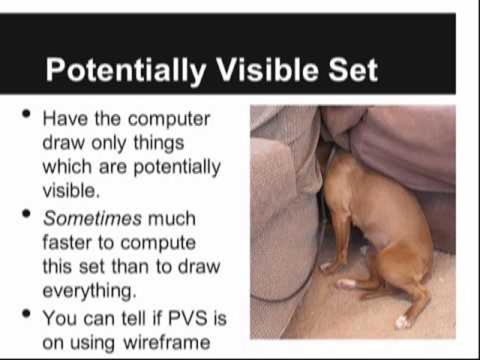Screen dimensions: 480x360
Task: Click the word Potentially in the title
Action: click(126, 71)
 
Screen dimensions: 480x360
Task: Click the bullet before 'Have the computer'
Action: click(26, 114)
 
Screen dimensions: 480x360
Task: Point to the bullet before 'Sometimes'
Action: click(26, 213)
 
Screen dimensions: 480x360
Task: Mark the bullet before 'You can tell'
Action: click(26, 313)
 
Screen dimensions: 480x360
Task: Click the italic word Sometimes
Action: click(92, 219)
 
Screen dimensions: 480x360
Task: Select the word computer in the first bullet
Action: click(169, 119)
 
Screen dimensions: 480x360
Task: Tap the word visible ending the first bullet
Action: click(71, 191)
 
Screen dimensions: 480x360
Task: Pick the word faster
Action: click(67, 243)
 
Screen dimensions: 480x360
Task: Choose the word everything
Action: click(89, 291)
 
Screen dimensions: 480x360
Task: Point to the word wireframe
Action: click(167, 342)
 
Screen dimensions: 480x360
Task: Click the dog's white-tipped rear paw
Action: click(402, 322)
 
